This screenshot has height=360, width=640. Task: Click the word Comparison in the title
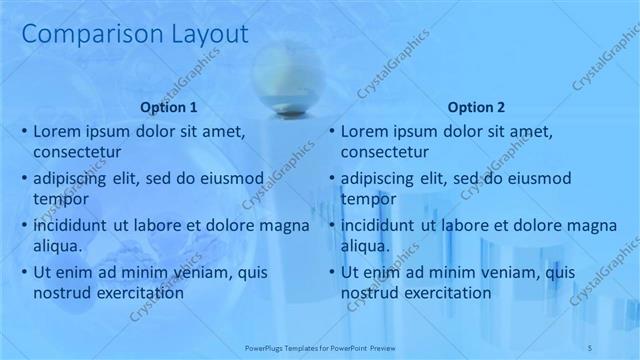83,35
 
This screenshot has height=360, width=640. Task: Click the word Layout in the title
200,35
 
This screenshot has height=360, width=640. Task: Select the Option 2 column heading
477,107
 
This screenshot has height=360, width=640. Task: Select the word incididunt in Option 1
73,225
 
